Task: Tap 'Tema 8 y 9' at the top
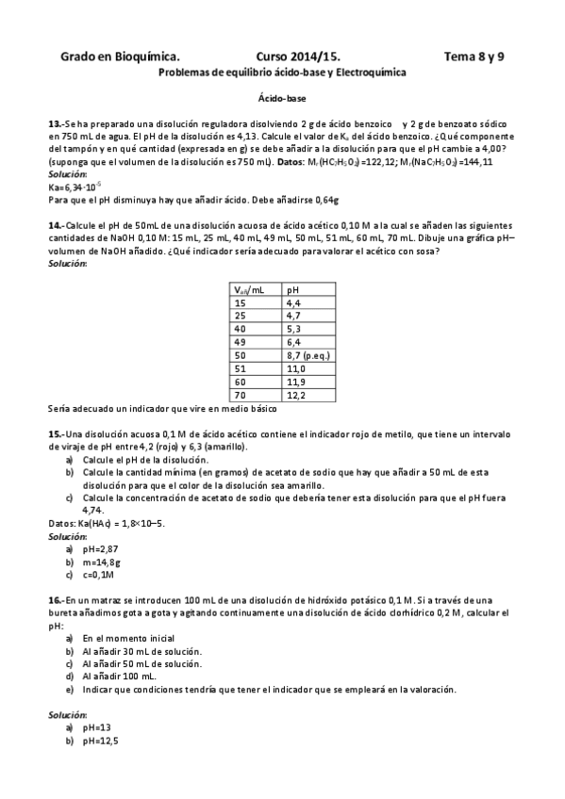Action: [474, 57]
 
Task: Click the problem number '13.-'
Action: [56, 124]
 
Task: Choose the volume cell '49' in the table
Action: [240, 344]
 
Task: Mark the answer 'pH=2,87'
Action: [99, 548]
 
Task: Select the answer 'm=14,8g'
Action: [101, 562]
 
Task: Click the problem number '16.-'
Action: [56, 600]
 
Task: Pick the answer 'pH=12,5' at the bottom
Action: [100, 741]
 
